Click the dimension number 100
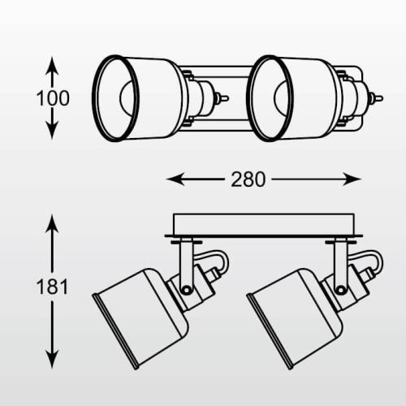point(53,98)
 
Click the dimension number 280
point(248,179)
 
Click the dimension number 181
point(52,287)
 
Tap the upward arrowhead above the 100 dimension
point(52,65)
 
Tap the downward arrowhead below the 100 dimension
point(52,131)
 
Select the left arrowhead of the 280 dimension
point(175,179)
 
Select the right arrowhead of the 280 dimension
point(352,179)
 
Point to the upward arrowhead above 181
point(52,223)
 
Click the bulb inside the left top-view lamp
point(127,98)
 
